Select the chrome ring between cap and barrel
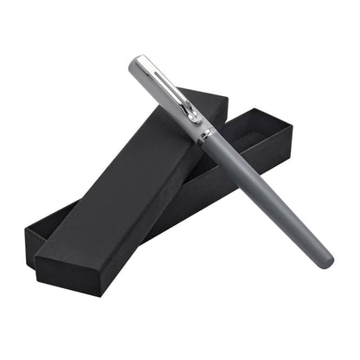coord(203,135)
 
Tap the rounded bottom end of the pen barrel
coord(326,260)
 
